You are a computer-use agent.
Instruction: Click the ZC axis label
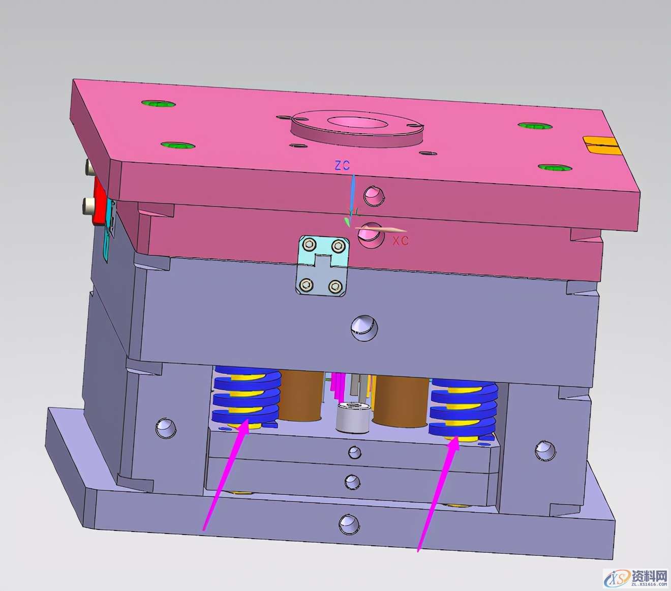(342, 165)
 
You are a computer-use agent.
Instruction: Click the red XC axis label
(401, 240)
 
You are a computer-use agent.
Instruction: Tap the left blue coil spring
(247, 396)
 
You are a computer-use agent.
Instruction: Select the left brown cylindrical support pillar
(301, 395)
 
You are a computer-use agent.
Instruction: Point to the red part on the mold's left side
(99, 200)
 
